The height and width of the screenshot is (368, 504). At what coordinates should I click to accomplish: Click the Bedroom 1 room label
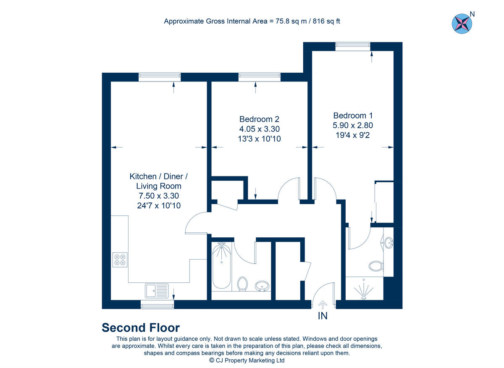point(353,116)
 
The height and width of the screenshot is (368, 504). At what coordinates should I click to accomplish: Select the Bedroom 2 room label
point(259,119)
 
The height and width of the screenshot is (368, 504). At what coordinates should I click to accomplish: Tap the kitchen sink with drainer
point(157,290)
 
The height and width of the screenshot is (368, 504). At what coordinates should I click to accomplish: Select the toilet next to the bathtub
point(242,284)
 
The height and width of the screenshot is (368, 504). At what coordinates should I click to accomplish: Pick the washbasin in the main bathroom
point(262,286)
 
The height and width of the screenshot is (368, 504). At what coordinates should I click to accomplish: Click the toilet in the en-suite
point(375,266)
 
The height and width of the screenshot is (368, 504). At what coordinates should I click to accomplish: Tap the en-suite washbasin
point(389,243)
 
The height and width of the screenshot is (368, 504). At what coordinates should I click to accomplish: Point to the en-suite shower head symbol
point(363,291)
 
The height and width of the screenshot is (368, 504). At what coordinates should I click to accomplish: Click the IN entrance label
point(322,316)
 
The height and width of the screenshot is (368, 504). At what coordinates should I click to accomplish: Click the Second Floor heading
point(141,328)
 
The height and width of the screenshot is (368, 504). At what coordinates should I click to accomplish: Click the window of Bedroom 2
point(259,77)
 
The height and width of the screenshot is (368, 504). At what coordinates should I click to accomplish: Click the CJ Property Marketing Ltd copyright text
point(247,360)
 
